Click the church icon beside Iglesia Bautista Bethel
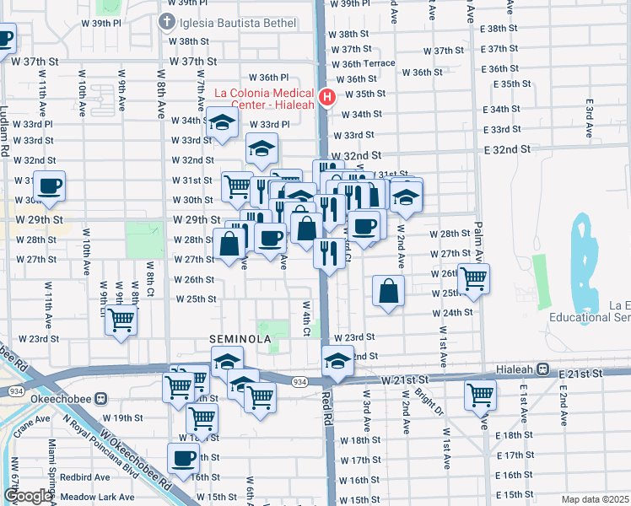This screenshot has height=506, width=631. coord(167,20)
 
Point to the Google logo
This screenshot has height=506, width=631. coord(28,496)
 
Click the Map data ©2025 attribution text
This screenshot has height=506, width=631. coord(595,499)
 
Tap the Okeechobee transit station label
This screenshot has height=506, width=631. coord(64,398)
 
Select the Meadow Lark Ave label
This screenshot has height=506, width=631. coord(98,497)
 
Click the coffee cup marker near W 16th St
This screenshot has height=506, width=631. coord(183,459)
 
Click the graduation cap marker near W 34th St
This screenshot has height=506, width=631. coord(222,123)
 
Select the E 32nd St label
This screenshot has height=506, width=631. coord(507,149)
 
